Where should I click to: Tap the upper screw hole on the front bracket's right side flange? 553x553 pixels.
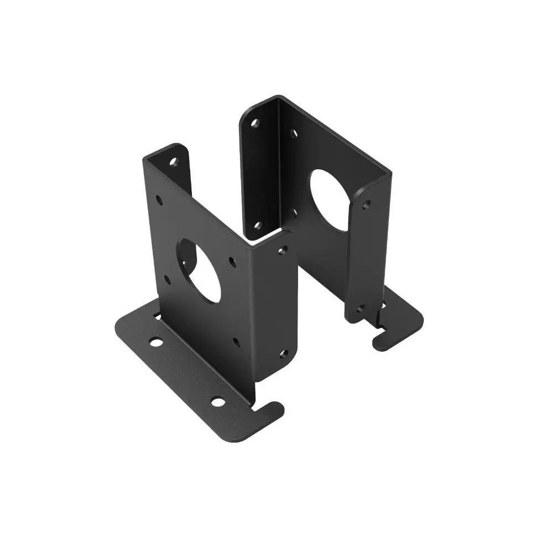[x=283, y=251]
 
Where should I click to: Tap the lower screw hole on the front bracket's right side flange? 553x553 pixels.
[x=283, y=353]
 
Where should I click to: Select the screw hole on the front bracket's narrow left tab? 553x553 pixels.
[x=173, y=163]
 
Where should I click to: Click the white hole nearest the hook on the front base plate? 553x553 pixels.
[x=218, y=401]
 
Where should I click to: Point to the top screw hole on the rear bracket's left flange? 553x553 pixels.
[x=255, y=123]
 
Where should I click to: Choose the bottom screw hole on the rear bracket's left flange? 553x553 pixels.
[x=257, y=225]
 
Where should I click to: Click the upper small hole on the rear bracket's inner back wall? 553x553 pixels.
[x=294, y=133]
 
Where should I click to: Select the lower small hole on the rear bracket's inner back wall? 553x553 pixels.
[x=295, y=212]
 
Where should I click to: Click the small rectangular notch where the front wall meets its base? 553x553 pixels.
[x=158, y=316]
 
